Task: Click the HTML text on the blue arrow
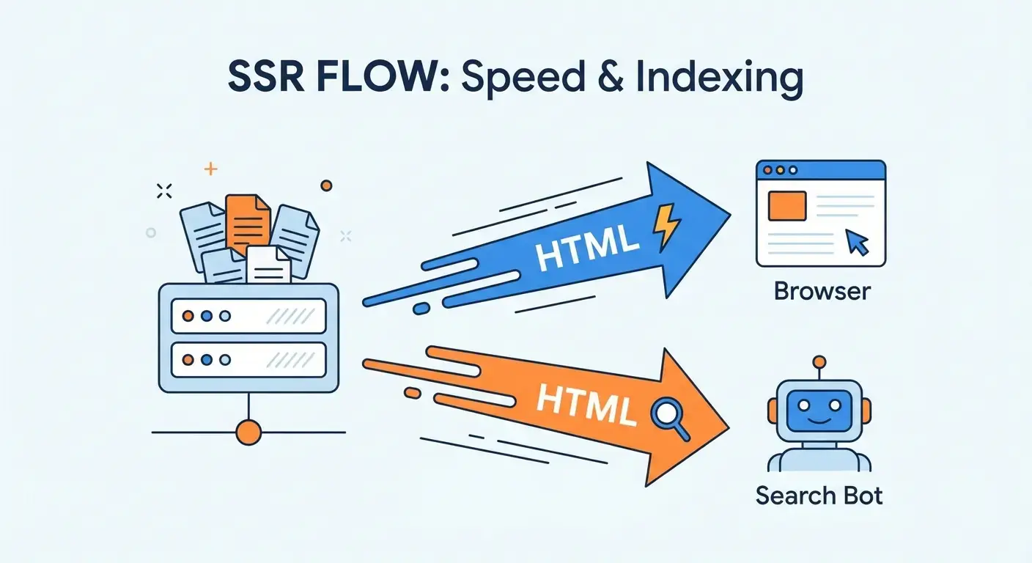click(583, 246)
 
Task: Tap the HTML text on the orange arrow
click(583, 402)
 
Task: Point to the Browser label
click(822, 291)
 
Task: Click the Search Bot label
click(819, 496)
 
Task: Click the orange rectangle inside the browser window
click(787, 206)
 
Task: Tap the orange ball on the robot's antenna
click(819, 361)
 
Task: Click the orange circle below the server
click(249, 432)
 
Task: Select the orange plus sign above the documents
click(210, 169)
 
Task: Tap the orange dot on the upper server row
click(188, 316)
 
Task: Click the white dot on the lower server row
click(224, 360)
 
